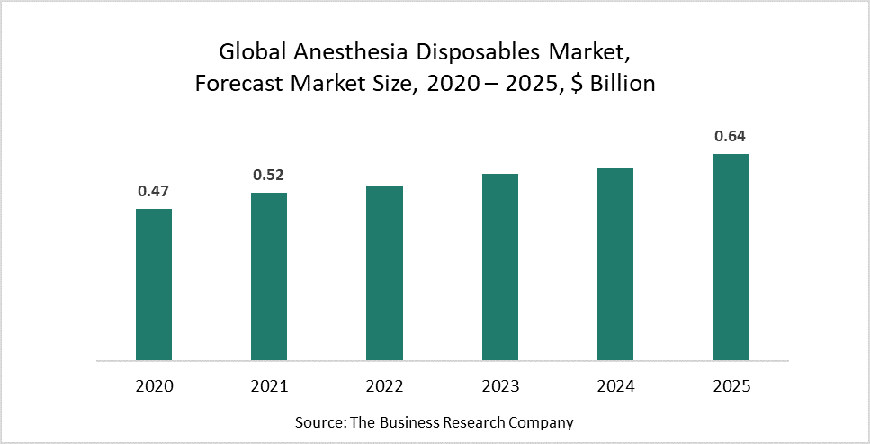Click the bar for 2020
(x=154, y=285)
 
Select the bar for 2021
(x=269, y=276)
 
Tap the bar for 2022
(x=384, y=274)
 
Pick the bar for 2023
(x=500, y=267)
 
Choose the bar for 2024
(x=615, y=264)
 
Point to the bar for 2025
(x=731, y=258)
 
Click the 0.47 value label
(x=154, y=191)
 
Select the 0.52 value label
(x=269, y=175)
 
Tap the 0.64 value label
(x=731, y=137)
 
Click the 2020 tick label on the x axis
(x=154, y=386)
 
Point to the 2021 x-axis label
(x=269, y=386)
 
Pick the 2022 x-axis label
(x=384, y=386)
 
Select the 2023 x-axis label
(x=500, y=386)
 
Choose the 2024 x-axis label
(x=615, y=386)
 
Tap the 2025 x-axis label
(x=731, y=386)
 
